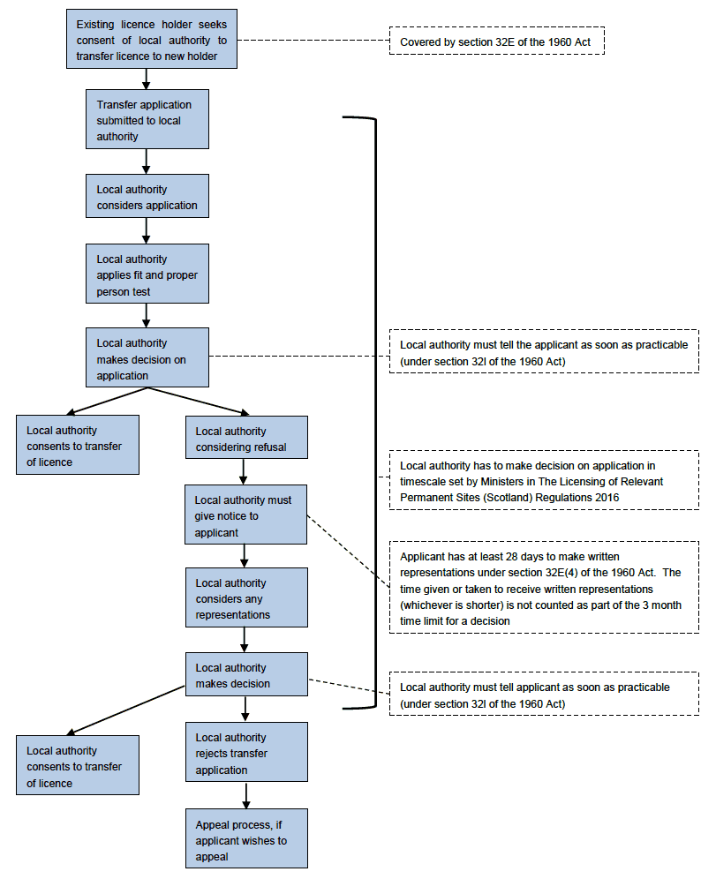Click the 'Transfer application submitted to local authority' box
[147, 119]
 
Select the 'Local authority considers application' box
[147, 196]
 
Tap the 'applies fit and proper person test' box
[147, 274]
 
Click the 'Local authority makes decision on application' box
[147, 357]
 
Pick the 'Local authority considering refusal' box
[246, 437]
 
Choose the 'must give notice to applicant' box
[245, 515]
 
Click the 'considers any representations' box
[246, 597]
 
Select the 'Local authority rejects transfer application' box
[246, 752]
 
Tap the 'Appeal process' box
[246, 838]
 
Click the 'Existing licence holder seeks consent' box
[151, 39]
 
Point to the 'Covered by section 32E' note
[497, 41]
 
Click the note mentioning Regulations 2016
[544, 480]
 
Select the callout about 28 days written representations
[544, 588]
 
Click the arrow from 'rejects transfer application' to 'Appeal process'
[246, 795]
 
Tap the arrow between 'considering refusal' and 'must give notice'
[244, 472]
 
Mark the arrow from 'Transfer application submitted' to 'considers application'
[147, 162]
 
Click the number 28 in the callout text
[512, 557]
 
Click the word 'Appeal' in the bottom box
[213, 825]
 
